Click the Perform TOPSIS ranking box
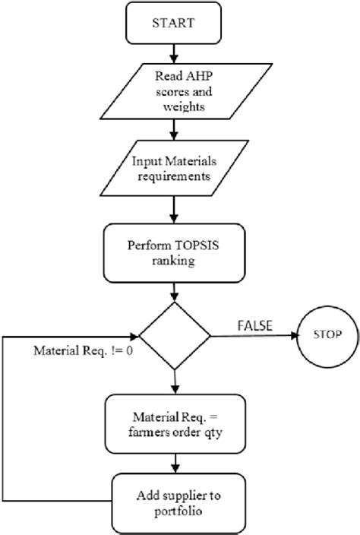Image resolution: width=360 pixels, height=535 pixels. (x=175, y=254)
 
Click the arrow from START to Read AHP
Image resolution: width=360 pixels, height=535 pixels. (x=175, y=55)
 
